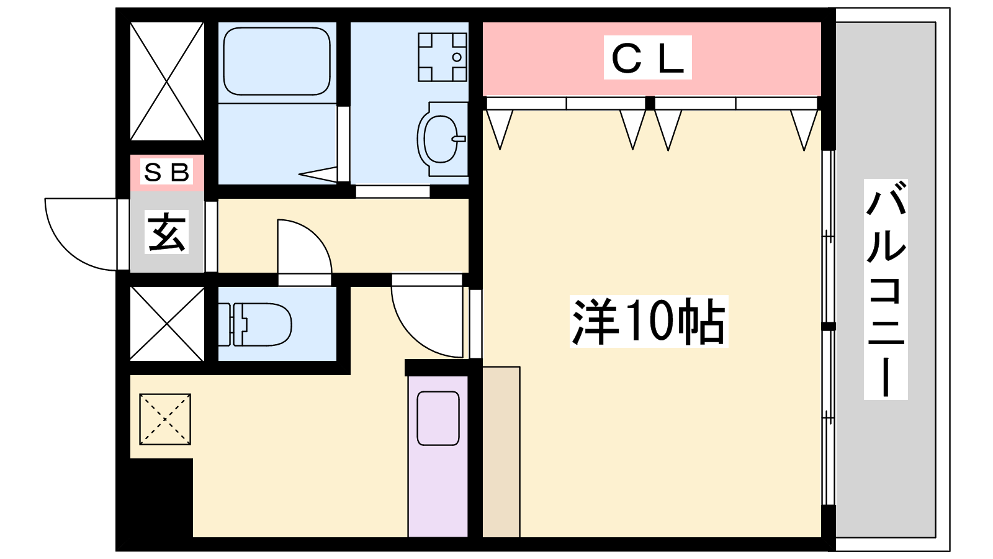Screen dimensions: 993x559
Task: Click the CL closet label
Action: (x=648, y=58)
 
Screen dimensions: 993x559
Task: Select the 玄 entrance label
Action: (x=166, y=232)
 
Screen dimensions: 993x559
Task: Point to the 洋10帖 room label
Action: (x=649, y=321)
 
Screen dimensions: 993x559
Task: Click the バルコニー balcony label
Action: (x=885, y=289)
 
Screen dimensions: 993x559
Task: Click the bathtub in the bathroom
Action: (x=277, y=61)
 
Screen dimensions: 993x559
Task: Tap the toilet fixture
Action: (x=255, y=324)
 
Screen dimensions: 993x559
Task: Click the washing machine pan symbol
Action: (x=443, y=57)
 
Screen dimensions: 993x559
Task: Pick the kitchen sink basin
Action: (x=438, y=419)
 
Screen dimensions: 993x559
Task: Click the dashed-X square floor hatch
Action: (x=165, y=419)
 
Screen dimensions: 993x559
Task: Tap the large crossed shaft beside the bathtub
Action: (x=167, y=81)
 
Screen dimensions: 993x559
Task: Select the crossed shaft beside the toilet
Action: (x=167, y=324)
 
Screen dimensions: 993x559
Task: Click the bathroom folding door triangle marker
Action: (x=318, y=175)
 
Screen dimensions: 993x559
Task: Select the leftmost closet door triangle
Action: (x=500, y=129)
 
